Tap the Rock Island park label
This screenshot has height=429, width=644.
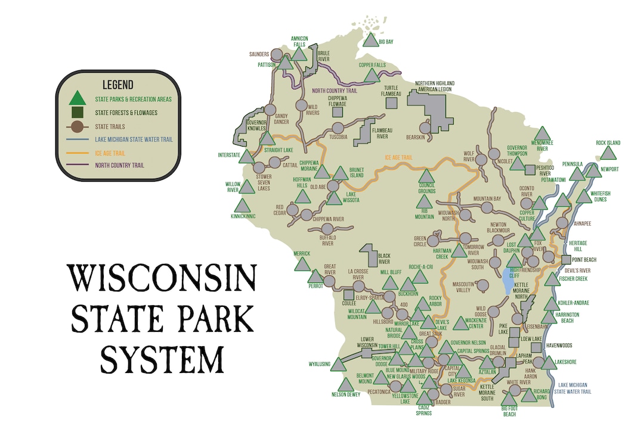coord(608,143)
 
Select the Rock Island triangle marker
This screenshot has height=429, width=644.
coord(608,153)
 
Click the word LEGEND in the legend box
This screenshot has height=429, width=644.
coord(117,85)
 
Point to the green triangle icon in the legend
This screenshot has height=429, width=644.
coord(76,98)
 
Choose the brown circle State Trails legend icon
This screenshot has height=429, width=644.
coord(76,126)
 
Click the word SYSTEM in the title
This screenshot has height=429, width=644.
coord(162,359)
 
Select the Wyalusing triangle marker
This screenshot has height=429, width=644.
coord(338,365)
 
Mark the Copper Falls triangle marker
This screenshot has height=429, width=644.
coord(372,76)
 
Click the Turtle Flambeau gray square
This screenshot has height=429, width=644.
coord(391,102)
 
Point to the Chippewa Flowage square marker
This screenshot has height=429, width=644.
coord(338,111)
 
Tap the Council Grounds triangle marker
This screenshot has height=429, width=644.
coord(426,176)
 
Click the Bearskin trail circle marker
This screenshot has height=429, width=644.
coord(425,128)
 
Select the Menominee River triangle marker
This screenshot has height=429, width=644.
coord(542,134)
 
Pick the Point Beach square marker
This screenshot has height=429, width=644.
coord(566,260)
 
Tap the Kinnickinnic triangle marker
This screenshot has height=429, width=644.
coord(242,206)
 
